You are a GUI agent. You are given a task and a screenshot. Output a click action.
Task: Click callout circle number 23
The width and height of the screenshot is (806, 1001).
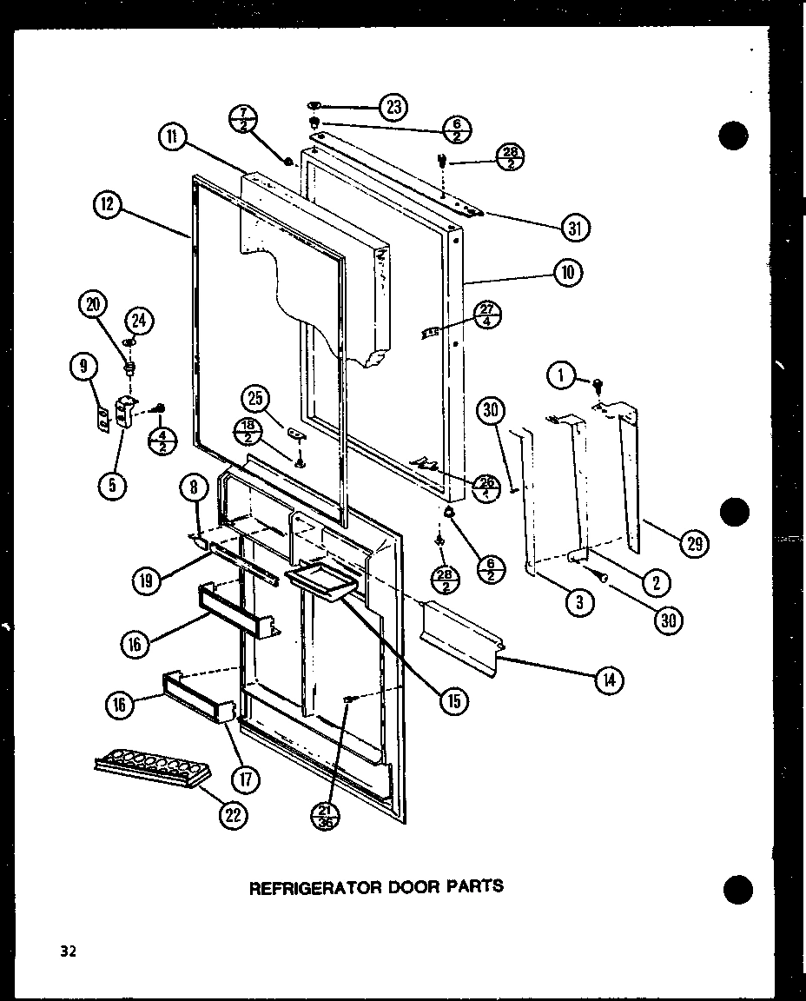(393, 108)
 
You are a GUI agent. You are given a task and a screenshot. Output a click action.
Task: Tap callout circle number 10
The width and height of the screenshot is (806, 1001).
(568, 273)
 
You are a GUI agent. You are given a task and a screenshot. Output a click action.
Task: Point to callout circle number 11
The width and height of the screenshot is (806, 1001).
(172, 136)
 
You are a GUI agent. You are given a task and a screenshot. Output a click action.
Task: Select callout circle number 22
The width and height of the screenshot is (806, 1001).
(234, 814)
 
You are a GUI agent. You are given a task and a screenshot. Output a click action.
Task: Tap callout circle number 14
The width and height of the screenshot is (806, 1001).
(608, 680)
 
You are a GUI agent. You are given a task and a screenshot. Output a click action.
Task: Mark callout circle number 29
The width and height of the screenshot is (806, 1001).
(694, 544)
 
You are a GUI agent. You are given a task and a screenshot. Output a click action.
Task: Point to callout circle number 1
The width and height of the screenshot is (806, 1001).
(562, 375)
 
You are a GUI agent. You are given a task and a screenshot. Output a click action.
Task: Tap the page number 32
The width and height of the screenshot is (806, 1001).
(69, 951)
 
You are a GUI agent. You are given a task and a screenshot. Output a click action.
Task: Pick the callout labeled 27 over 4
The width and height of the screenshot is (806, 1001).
(488, 315)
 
